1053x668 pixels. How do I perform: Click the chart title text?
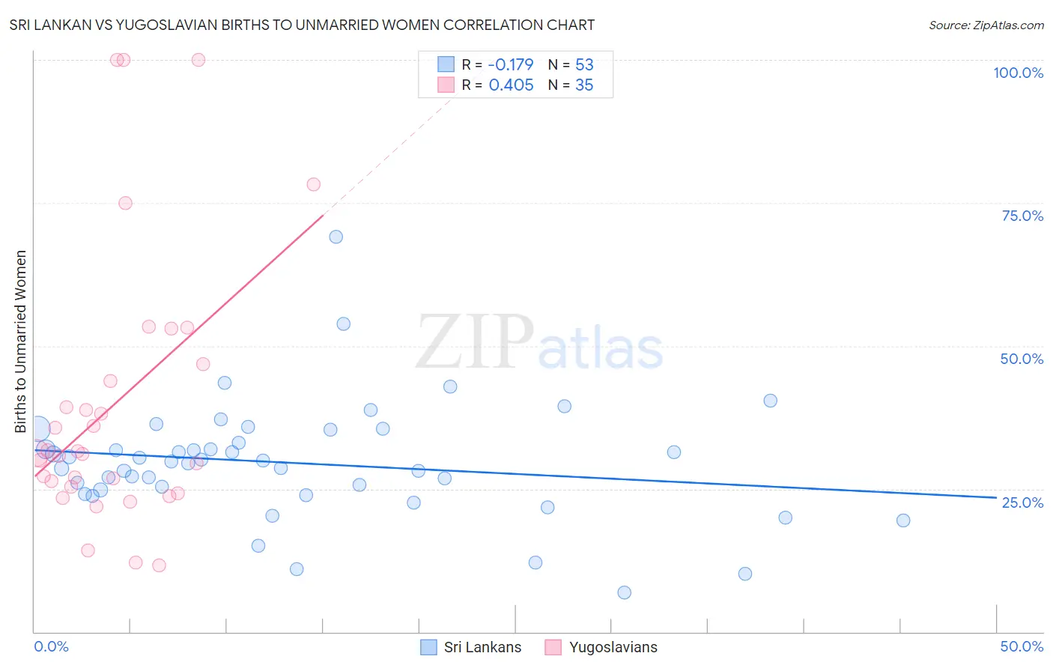coord(302,25)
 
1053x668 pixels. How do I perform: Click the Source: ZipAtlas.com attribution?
coord(986,25)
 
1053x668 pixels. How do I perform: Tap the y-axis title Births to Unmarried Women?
coord(20,341)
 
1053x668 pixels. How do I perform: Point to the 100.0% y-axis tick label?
coord(1018,73)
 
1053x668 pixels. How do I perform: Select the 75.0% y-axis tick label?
coord(1022,216)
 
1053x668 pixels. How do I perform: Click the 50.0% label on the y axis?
coord(1022,359)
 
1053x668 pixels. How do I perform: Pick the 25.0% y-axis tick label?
coord(1022,502)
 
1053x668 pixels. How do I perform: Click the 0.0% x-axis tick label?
coord(51,646)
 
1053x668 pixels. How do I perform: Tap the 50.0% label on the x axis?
coord(1022,646)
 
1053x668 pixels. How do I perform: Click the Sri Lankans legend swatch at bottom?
coord(428,647)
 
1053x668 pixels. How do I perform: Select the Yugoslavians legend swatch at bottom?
coord(553,647)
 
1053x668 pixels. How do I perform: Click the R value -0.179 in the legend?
coord(511,64)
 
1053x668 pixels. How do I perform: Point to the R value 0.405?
coord(511,85)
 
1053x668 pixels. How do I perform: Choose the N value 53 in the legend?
coord(584,64)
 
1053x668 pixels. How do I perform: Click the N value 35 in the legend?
coord(584,85)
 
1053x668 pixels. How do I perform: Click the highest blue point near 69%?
coord(336,237)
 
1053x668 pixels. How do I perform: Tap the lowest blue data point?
coord(624,592)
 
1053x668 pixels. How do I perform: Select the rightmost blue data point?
coord(903,520)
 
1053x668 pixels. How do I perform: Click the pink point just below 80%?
coord(314,184)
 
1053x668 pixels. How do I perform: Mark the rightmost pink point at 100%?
coord(198,60)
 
